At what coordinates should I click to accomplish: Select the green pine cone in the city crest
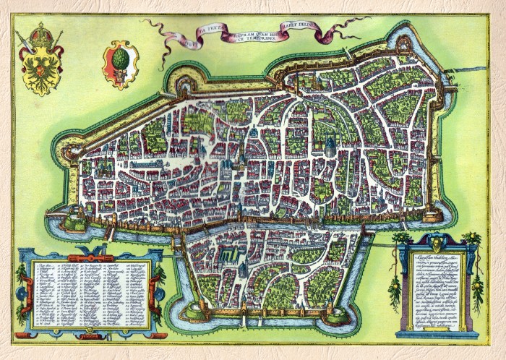click(121, 60)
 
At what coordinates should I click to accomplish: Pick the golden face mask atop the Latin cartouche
click(436, 241)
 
